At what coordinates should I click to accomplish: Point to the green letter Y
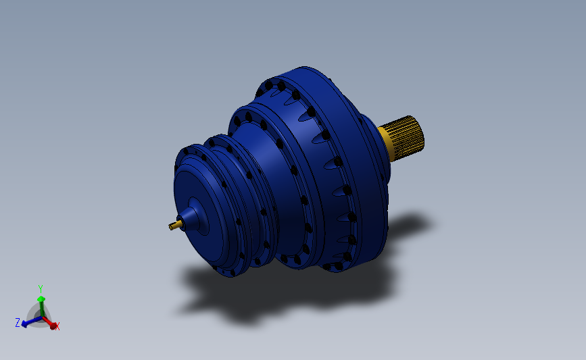[x=41, y=288]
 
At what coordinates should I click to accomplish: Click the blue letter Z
[x=17, y=323]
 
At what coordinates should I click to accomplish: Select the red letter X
[x=57, y=327]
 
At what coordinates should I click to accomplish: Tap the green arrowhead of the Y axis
[x=41, y=299]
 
